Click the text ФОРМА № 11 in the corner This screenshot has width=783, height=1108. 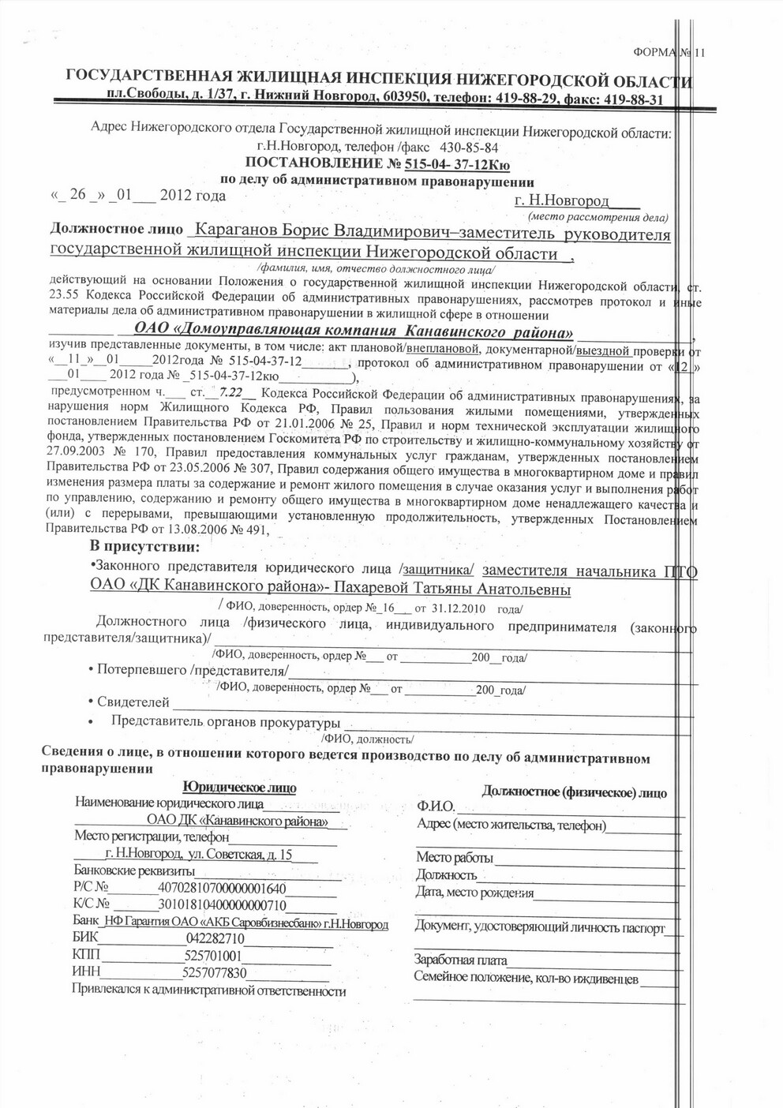(668, 53)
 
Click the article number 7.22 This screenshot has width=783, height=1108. (231, 391)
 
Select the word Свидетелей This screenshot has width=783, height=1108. (133, 702)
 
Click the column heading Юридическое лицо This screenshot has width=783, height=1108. (239, 788)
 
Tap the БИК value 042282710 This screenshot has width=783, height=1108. (215, 938)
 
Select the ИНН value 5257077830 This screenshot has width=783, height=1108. (215, 972)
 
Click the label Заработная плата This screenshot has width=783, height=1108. (460, 960)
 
